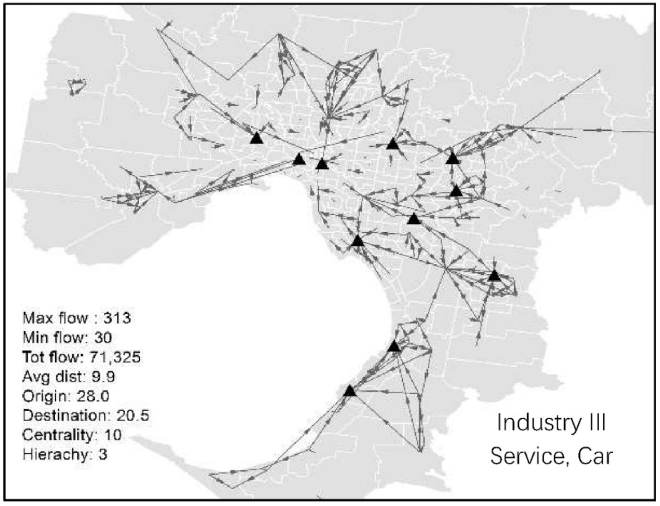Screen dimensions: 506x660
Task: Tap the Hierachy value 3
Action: (x=103, y=455)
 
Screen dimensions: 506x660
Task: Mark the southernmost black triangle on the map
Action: (x=349, y=391)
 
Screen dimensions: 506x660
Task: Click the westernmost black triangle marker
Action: (x=256, y=138)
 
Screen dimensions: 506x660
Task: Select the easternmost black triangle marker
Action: (x=494, y=275)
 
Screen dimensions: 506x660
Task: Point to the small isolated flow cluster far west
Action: (x=76, y=87)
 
